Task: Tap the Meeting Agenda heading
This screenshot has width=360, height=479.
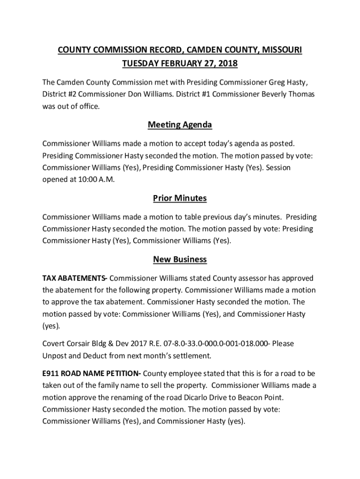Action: (180, 125)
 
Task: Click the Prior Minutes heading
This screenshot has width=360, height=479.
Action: (180, 198)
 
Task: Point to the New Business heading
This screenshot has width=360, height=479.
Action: (180, 259)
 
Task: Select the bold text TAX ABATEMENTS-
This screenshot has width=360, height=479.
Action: (75, 278)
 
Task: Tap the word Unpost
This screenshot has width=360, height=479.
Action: (54, 356)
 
